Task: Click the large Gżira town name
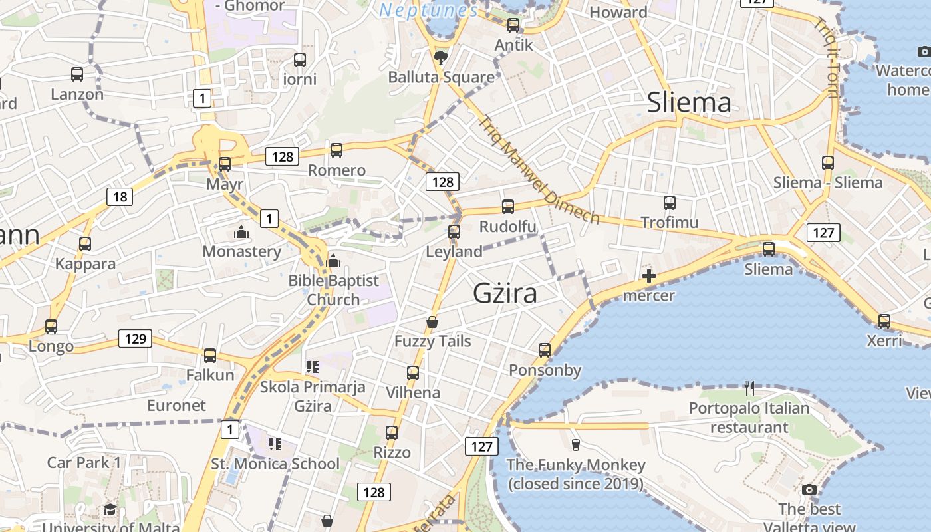click(505, 293)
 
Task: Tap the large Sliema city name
click(689, 102)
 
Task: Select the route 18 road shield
click(120, 196)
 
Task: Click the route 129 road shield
click(135, 338)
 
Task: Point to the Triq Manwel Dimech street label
click(539, 170)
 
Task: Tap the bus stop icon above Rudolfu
click(508, 207)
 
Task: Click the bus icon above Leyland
click(454, 232)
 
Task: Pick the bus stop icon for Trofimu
click(670, 203)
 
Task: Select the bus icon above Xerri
click(884, 321)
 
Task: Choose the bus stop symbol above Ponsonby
click(545, 350)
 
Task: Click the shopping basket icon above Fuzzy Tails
click(432, 323)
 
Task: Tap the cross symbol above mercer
click(648, 276)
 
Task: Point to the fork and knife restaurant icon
click(749, 388)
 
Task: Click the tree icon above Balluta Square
click(440, 58)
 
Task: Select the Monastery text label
click(242, 251)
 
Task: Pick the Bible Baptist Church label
click(333, 290)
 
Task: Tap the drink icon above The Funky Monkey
click(576, 444)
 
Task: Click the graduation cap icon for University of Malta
click(110, 510)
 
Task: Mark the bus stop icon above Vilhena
click(413, 373)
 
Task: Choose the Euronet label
click(176, 405)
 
